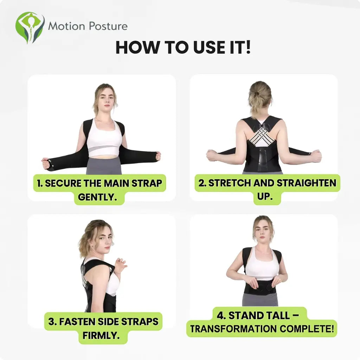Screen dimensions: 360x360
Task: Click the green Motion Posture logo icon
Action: [x=30, y=27]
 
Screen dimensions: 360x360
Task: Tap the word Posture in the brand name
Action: [x=108, y=26]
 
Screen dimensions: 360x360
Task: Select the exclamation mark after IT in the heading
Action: [x=248, y=47]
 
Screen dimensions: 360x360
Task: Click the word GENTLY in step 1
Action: [x=97, y=197]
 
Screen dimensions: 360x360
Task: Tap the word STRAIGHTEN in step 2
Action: [x=306, y=183]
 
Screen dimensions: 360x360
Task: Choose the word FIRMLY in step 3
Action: [x=101, y=335]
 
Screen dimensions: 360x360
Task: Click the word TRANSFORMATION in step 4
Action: [x=233, y=329]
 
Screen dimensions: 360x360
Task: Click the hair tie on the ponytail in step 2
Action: [x=256, y=94]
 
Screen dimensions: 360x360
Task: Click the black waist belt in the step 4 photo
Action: [x=260, y=287]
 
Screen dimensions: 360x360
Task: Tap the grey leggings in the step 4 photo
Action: [x=260, y=299]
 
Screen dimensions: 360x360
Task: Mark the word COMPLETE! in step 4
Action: [x=307, y=329]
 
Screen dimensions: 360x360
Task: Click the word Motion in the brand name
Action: [x=67, y=26]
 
